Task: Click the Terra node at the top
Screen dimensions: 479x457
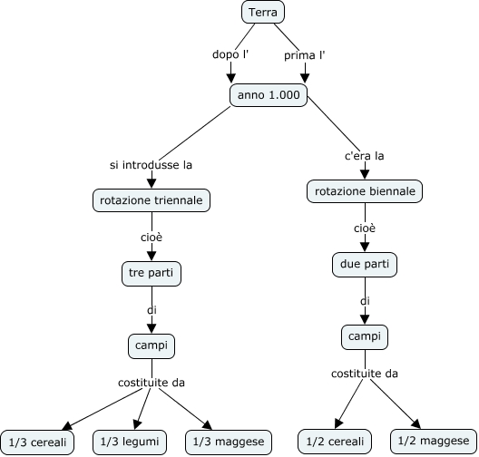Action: coord(263,12)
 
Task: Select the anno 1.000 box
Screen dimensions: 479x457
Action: coord(269,95)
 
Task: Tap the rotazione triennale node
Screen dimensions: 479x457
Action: coord(152,200)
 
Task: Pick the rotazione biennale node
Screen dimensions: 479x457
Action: coord(365,191)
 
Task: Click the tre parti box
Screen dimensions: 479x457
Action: coord(152,274)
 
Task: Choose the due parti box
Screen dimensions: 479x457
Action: coord(365,265)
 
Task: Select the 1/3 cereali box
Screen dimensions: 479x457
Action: coord(37,442)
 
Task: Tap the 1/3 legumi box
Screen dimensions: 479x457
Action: coord(130,442)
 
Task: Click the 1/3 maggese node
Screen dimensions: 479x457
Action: coord(229,442)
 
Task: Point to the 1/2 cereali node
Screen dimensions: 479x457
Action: coord(335,442)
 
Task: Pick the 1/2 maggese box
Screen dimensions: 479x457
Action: coord(434,441)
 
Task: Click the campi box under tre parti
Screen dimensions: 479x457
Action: coord(152,346)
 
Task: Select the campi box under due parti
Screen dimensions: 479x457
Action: coord(365,337)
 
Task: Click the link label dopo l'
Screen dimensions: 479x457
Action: coord(230,54)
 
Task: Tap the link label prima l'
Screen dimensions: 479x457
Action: coord(305,55)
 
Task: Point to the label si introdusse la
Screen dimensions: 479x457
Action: coord(151,165)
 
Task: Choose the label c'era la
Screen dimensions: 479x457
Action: coord(365,156)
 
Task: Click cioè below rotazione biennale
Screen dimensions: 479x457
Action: coord(365,228)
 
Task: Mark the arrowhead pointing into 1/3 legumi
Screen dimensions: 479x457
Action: coord(137,424)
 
